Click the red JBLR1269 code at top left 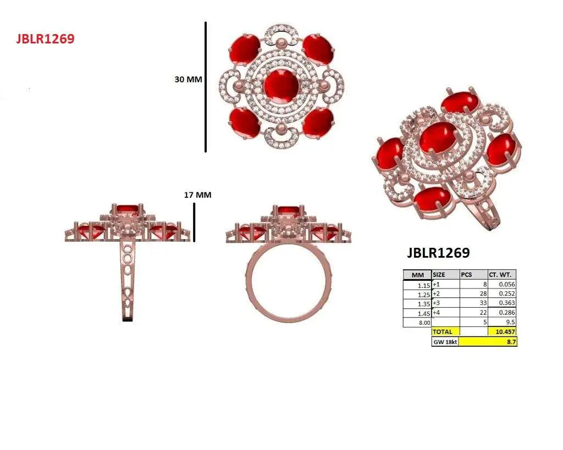45,38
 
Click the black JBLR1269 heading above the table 438,253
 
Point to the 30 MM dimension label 188,79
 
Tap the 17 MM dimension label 197,195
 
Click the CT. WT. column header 501,275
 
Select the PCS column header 473,275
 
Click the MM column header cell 418,275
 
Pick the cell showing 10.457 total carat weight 502,331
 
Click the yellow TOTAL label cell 445,331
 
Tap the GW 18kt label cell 445,342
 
